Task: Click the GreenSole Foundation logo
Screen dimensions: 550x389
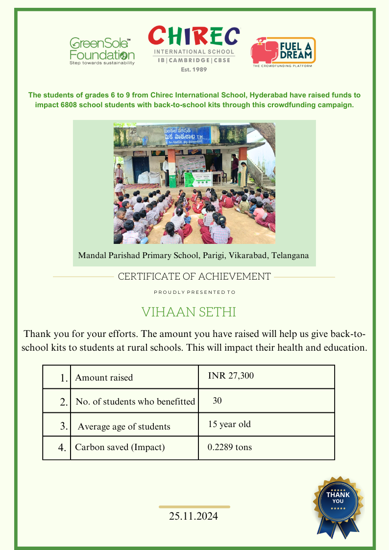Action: pos(102,51)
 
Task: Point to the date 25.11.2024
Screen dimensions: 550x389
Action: pos(194,516)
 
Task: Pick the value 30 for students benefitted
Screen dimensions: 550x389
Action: pos(217,401)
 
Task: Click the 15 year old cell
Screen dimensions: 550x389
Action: pos(229,424)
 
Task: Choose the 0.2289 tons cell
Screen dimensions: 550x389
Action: pos(230,447)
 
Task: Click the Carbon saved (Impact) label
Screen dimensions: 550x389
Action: pos(120,447)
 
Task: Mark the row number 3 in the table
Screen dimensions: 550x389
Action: pos(64,426)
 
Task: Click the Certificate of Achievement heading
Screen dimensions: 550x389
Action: pos(194,277)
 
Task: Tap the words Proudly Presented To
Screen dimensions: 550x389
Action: pos(194,292)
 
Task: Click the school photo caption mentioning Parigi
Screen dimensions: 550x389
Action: pos(194,256)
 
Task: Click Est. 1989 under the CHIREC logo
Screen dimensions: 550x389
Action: pos(194,70)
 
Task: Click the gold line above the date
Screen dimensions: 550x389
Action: pos(194,506)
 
